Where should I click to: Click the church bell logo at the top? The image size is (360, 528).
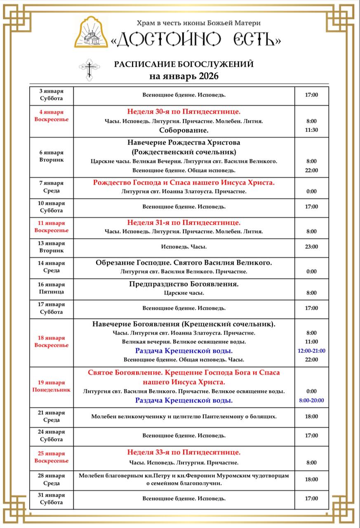(91, 32)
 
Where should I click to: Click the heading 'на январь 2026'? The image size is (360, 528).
(184, 76)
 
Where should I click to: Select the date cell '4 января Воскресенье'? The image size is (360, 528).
(52, 115)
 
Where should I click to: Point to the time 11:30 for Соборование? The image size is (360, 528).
(311, 130)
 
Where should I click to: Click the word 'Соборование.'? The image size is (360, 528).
(184, 130)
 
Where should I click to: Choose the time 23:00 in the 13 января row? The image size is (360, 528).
(311, 247)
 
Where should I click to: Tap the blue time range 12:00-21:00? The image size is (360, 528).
(311, 351)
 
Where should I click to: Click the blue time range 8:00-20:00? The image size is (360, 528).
(311, 400)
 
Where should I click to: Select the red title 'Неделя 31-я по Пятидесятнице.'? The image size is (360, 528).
(184, 222)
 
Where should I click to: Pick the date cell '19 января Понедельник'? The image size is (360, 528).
(52, 386)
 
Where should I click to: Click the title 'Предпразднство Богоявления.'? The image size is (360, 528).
(184, 284)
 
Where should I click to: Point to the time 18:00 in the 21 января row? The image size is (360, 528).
(311, 417)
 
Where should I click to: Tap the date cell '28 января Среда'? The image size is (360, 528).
(52, 479)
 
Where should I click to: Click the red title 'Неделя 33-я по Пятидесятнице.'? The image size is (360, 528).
(184, 452)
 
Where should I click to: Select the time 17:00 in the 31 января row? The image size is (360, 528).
(311, 498)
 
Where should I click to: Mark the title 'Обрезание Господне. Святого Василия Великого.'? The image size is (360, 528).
(184, 262)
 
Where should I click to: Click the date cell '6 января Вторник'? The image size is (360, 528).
(52, 156)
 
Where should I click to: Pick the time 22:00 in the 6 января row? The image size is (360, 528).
(311, 170)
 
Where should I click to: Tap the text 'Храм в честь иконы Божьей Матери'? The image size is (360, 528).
(199, 24)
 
